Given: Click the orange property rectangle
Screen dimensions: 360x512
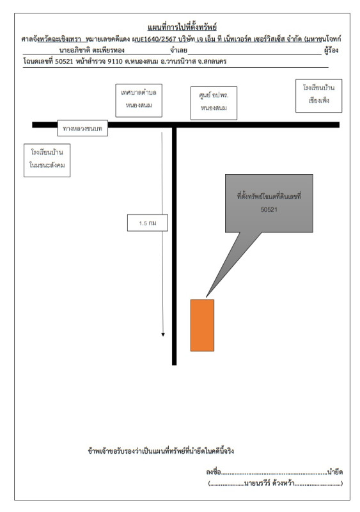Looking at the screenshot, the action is pos(202,325).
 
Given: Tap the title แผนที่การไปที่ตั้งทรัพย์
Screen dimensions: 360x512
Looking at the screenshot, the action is pos(182,27).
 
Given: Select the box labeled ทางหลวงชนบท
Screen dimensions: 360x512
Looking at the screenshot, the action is pos(82,129).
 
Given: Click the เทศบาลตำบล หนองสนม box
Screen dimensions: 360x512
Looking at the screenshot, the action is pos(139,100).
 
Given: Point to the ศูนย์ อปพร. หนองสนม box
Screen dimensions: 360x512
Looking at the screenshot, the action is pos(214,103).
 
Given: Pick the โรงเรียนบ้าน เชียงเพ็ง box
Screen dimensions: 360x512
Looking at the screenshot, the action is pos(318,95).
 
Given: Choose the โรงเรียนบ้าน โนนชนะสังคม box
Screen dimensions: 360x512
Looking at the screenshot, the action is pos(47,161).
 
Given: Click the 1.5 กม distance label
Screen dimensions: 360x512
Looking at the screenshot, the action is pos(148,223).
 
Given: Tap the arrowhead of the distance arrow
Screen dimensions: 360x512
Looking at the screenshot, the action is pos(163,334).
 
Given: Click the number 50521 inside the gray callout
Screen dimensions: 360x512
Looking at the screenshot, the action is pos(269,210).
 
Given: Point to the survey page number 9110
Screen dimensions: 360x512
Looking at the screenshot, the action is pos(115,61).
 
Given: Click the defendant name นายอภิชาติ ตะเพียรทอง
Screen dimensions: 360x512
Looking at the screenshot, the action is pos(91,51).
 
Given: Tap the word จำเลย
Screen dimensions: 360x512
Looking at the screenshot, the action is pos(178,51).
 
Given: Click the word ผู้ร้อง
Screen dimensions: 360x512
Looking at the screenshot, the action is pos(331,51).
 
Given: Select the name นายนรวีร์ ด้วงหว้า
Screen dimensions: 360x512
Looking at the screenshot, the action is pos(270,483).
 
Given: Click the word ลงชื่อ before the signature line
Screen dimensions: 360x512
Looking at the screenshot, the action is pos(214,472).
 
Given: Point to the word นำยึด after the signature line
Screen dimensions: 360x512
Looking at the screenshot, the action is pos(335,472).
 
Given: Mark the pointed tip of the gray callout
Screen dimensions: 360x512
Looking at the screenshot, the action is pos(207,297).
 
